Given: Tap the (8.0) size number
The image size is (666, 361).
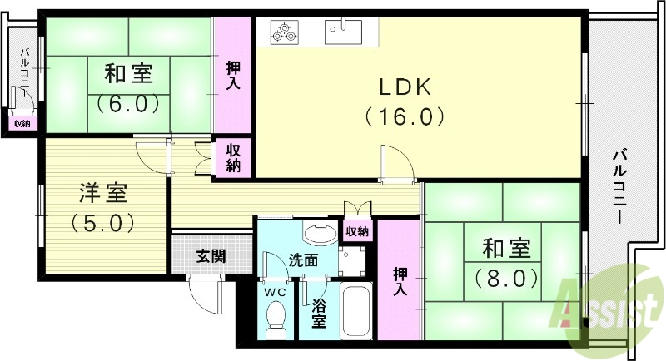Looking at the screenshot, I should point(507,277).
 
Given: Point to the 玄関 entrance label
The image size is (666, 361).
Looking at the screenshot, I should point(211,256).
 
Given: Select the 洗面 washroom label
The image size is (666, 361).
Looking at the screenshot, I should point(303,260).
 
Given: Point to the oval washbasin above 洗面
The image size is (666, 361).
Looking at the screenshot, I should point(317,232).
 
